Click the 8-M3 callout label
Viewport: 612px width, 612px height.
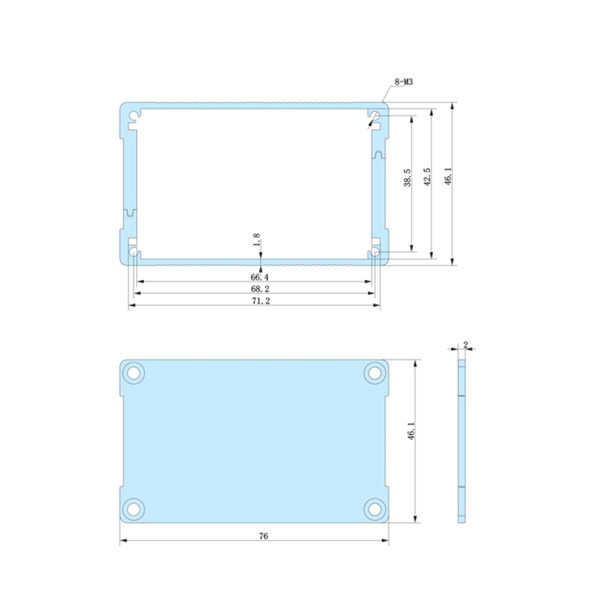click(404, 82)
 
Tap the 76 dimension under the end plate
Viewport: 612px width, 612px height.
click(262, 536)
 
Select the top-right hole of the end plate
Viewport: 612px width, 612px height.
click(374, 373)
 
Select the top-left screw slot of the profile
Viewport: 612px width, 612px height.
click(134, 116)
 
